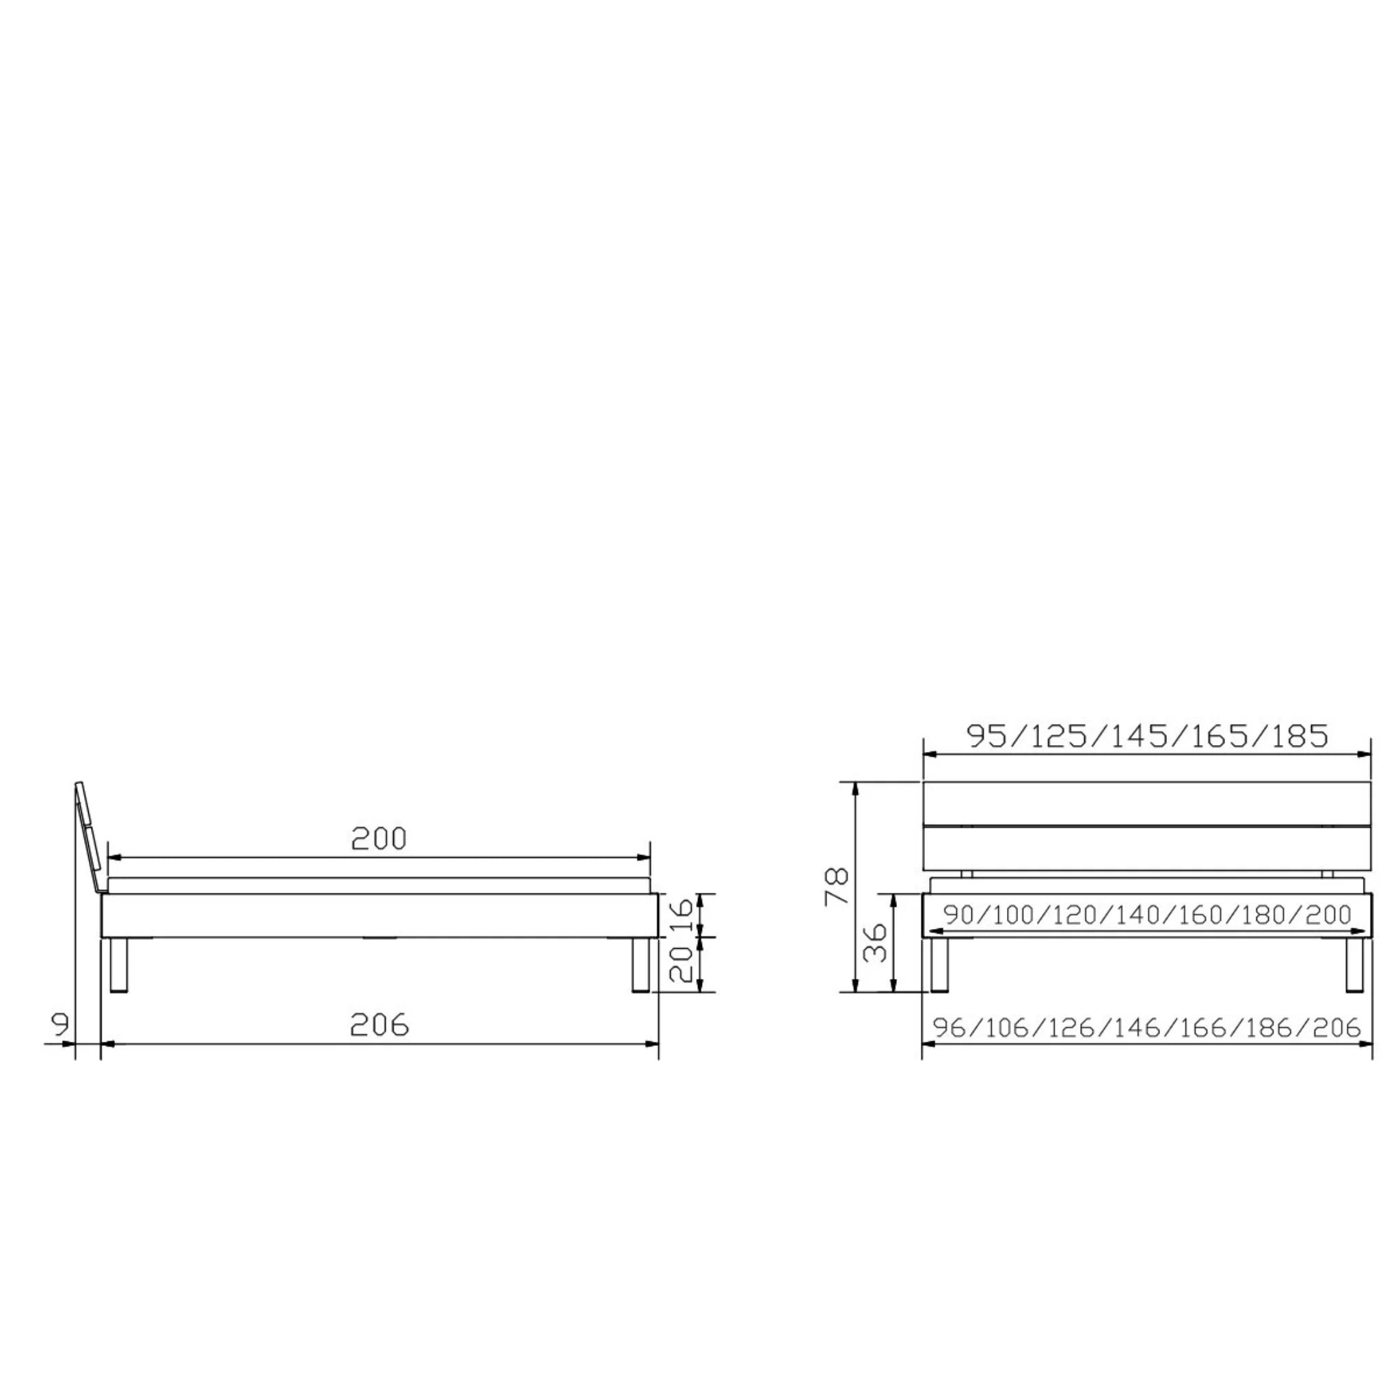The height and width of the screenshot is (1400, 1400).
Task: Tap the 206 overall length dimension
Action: [x=379, y=1025]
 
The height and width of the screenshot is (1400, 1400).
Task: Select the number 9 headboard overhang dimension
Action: [x=62, y=1025]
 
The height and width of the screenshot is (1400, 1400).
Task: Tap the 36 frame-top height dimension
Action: [x=876, y=942]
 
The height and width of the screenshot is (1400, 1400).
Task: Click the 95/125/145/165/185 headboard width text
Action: [x=1148, y=736]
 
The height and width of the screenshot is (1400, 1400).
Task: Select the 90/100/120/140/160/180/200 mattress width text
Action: [x=1148, y=915]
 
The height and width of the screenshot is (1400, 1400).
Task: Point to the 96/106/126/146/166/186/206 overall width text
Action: [x=1147, y=1027]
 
